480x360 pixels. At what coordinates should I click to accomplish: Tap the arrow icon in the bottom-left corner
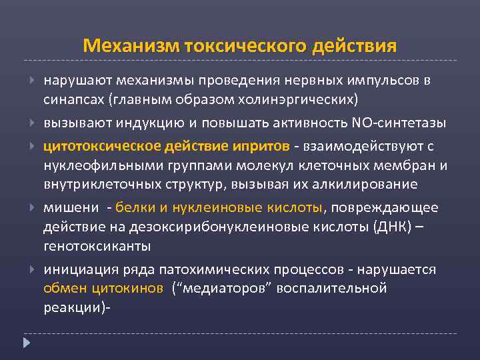(27, 344)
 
